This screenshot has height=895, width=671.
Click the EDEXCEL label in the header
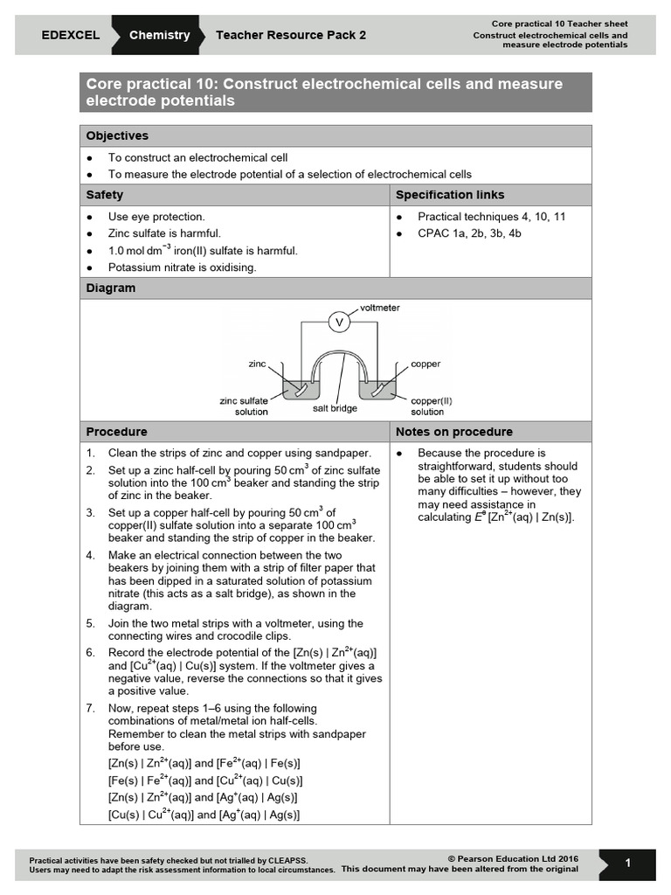70,36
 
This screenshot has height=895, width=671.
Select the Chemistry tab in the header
159,36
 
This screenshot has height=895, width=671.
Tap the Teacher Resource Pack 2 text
291,36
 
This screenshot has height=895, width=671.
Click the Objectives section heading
117,135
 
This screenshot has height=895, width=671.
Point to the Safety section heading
105,195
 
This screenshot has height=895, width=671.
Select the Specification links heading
450,195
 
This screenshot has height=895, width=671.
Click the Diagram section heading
111,288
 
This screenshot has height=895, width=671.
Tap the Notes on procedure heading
454,432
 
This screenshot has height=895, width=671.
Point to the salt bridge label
335,408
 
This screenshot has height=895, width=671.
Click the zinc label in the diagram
257,363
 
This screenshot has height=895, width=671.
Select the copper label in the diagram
425,364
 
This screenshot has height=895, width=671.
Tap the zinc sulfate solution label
244,406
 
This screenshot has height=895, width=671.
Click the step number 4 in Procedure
90,556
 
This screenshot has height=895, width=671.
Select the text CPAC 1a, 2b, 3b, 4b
469,233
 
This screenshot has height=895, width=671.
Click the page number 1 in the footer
627,864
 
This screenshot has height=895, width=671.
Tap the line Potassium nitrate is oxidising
182,267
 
